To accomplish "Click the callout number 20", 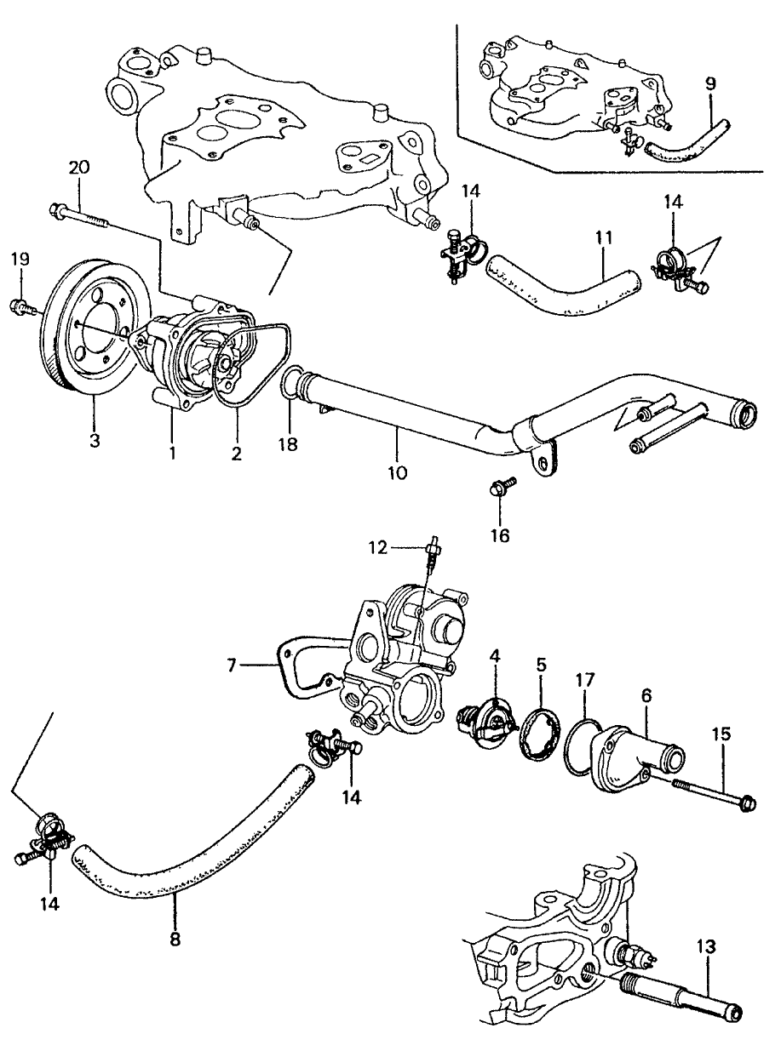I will point(78,168).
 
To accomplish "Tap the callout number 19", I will point(21,258).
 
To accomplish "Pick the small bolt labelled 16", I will point(501,490).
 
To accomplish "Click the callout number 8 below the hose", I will point(176,939).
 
